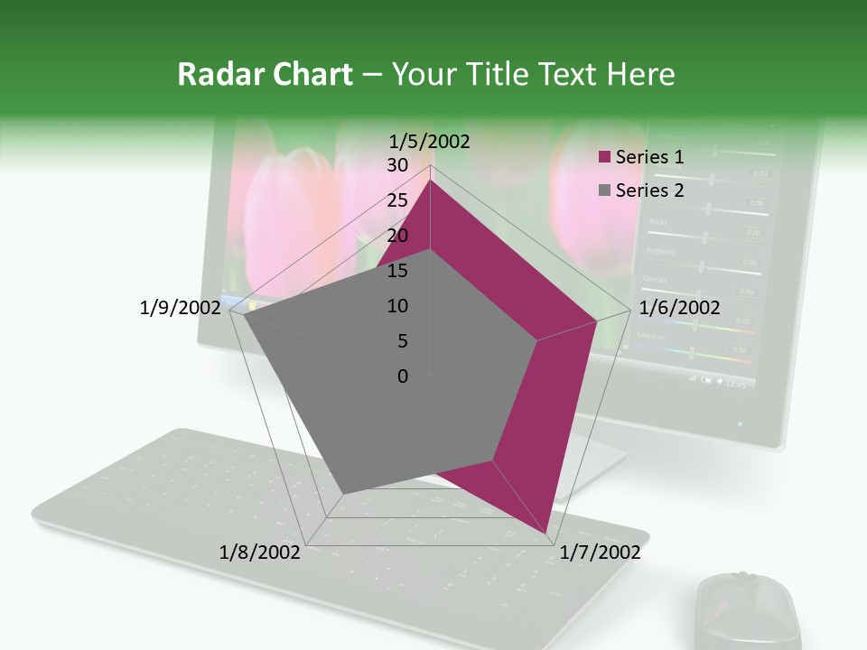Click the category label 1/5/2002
tap(429, 142)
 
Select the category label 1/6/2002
tap(679, 308)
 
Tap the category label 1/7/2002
tap(601, 552)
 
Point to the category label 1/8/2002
tap(260, 552)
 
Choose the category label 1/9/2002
tap(181, 308)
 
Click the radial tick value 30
tap(397, 165)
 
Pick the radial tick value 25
tap(397, 200)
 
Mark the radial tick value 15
tap(397, 271)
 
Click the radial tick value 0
tap(403, 376)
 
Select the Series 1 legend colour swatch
tap(604, 158)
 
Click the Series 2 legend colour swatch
tap(604, 190)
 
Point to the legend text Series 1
tap(649, 157)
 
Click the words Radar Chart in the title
tap(265, 75)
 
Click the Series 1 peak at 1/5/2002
tap(430, 181)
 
